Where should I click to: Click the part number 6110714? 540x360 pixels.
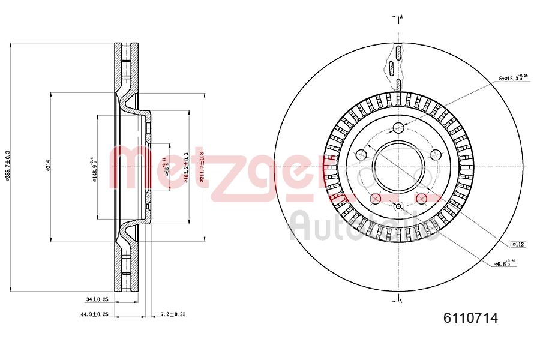(x=470, y=319)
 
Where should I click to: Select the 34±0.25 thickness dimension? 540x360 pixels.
(x=97, y=298)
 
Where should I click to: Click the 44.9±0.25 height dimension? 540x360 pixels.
(x=95, y=314)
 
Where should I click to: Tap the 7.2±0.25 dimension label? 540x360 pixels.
(x=173, y=314)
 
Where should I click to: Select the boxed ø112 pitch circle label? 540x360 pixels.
(x=518, y=244)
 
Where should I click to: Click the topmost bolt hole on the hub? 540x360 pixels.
(x=398, y=127)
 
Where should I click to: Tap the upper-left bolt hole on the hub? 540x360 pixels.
(x=361, y=155)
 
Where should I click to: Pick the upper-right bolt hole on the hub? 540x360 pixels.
(x=436, y=155)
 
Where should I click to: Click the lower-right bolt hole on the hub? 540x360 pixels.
(x=421, y=199)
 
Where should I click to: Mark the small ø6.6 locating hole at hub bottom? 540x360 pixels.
(x=398, y=207)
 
